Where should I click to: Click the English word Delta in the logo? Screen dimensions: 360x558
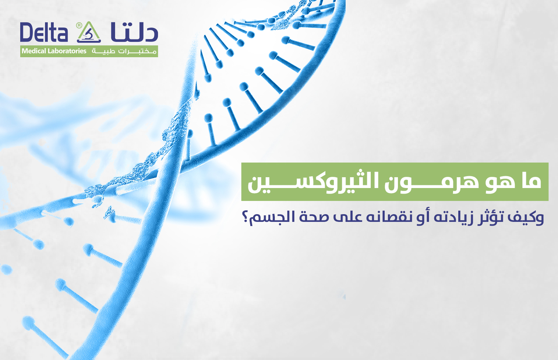pos(44,33)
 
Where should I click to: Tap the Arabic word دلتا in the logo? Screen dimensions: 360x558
pos(134,32)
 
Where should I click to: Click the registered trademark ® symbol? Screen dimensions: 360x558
pos(79,25)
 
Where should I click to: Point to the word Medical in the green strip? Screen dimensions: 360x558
pos(34,51)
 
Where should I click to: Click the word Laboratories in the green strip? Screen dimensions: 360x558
pos(67,51)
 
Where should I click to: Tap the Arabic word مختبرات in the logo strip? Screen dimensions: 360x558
pos(137,52)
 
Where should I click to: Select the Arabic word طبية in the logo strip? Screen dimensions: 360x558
pos(103,52)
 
